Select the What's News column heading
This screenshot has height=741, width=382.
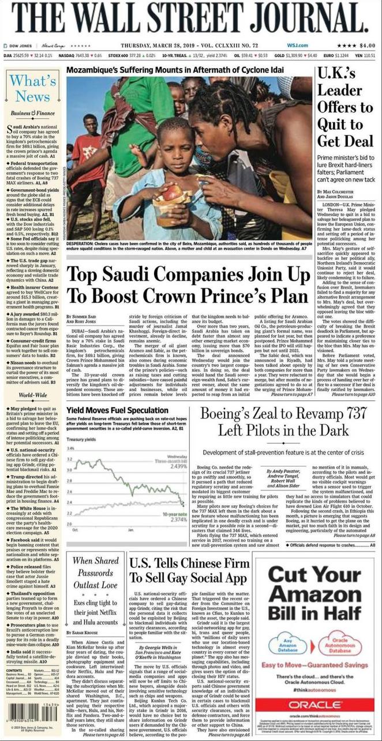33,88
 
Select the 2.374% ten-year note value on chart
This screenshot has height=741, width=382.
176,519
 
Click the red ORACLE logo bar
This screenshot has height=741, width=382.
314,705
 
